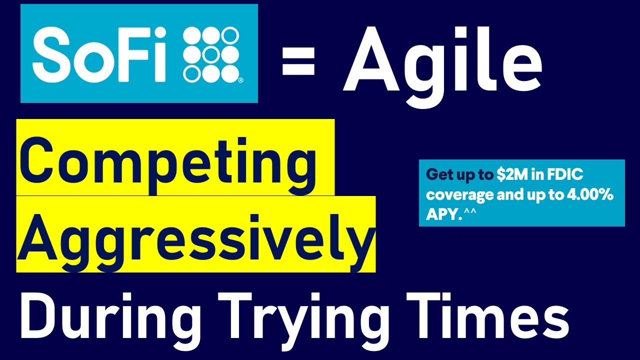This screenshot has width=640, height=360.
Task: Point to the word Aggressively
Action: click(195, 235)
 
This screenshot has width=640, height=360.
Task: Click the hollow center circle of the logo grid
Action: click(210, 53)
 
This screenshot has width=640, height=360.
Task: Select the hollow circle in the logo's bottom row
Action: click(191, 73)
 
